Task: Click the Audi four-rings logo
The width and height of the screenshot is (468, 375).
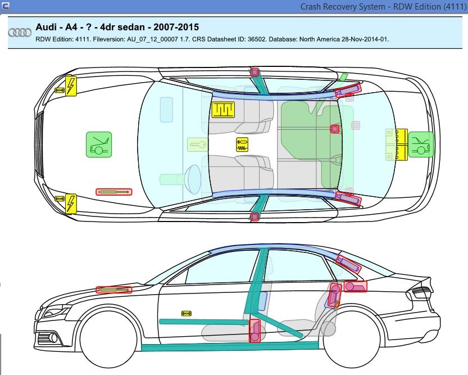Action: pos(20,33)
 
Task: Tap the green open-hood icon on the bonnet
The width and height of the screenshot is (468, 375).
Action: pos(99,144)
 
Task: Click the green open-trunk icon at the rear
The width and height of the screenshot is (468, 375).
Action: pos(421,144)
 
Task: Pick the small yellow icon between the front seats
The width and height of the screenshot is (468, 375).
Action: pos(242,144)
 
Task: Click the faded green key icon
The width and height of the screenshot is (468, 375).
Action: pos(196,145)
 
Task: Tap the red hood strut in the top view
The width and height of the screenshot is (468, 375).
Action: pos(113,192)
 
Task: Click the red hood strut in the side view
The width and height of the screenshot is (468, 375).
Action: pos(114,290)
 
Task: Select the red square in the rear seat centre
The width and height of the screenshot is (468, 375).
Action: pos(335,129)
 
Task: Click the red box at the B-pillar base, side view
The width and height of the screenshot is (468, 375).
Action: pos(255,331)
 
